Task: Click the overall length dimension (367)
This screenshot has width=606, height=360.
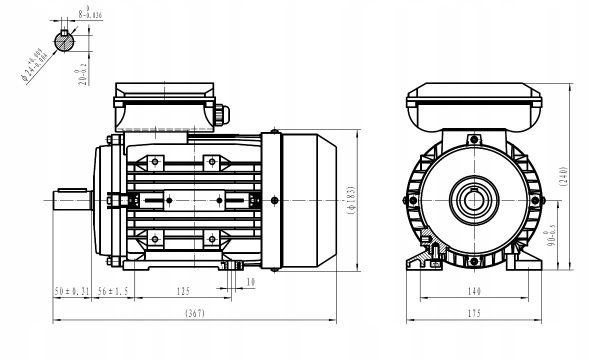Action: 195,313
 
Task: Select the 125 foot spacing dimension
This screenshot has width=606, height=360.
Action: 183,290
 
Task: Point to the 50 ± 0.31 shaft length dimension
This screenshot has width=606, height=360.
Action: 71,290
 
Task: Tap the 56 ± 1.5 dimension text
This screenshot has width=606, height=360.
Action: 113,290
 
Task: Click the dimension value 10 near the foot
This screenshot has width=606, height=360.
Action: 250,282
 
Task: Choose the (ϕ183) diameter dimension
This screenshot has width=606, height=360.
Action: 351,200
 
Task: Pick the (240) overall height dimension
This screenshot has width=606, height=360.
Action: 563,176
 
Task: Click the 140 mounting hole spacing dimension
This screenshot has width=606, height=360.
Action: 474,291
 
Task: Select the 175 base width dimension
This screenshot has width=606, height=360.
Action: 474,313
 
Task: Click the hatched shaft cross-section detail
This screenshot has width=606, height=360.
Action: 64,41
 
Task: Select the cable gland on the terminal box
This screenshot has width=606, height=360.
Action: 221,113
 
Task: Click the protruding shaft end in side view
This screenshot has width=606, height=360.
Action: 71,200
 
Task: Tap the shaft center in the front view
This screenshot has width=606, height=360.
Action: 473,200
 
